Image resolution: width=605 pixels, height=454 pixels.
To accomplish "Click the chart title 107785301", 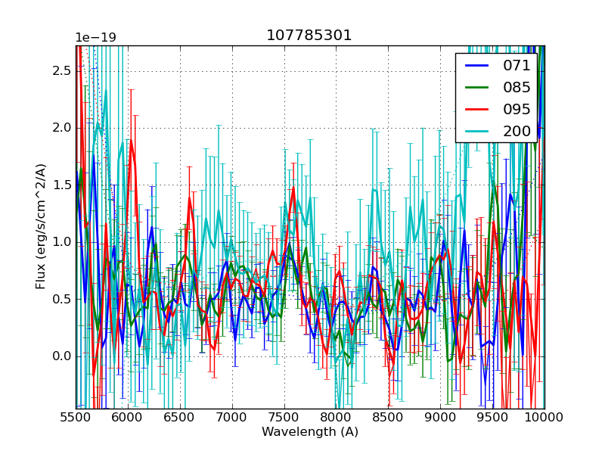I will [309, 36].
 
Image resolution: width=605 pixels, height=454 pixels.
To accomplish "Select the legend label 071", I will [517, 65].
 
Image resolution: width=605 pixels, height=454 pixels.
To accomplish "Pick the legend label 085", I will [517, 87].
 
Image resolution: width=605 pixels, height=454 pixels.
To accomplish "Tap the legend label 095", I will [517, 109].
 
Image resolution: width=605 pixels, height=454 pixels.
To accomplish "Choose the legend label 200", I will [517, 131].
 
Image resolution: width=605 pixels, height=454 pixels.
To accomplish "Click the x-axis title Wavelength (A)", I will [310, 432].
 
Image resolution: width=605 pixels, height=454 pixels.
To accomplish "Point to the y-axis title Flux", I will [41, 225].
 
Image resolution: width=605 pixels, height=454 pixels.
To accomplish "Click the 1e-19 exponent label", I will [95, 38].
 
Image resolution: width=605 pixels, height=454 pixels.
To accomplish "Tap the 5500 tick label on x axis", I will [76, 417].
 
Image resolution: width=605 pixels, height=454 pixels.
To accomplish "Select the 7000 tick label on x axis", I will [232, 417].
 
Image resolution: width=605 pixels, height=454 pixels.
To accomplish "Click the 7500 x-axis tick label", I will [284, 417].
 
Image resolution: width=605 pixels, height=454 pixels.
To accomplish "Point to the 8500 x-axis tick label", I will [388, 417].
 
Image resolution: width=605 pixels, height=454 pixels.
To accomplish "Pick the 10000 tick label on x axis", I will [544, 417].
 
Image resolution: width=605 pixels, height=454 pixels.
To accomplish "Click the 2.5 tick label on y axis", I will [63, 70].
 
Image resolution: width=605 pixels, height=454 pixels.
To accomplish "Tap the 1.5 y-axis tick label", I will [63, 185].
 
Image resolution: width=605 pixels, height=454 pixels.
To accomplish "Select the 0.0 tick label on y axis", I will [63, 356].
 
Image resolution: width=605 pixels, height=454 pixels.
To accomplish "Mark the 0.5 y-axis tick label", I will [63, 299].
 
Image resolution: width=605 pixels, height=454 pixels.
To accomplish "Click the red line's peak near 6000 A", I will [132, 141].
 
